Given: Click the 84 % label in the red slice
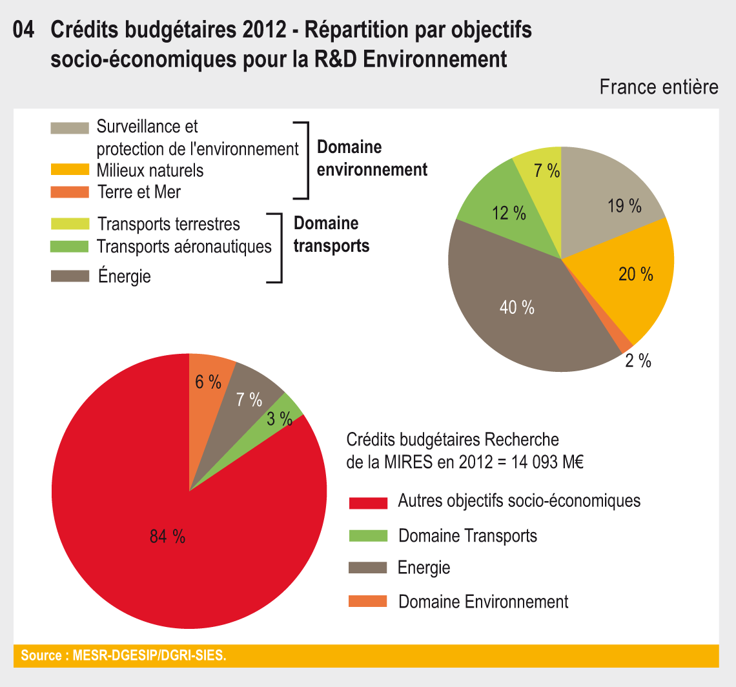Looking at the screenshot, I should click(167, 536).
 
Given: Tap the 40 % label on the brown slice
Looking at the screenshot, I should click(517, 308).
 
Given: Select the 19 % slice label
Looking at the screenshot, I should click(624, 207).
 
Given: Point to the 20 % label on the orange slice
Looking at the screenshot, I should click(636, 274).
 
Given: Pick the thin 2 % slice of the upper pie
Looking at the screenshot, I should click(625, 343).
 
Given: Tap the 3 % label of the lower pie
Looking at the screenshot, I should click(280, 419).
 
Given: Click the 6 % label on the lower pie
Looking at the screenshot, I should click(208, 382).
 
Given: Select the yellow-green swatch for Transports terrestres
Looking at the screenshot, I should click(70, 223).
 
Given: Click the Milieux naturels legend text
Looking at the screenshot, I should click(150, 170).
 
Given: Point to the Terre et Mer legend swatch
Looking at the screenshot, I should click(70, 192).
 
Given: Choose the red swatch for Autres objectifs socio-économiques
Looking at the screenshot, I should click(367, 502).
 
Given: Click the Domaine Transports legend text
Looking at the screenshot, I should click(467, 535).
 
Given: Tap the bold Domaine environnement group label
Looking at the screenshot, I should click(372, 158).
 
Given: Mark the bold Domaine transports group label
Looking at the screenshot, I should click(331, 234).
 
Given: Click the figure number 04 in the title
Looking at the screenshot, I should click(24, 30).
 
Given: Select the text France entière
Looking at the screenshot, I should click(659, 87).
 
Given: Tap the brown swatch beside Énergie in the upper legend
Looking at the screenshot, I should click(70, 276).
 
